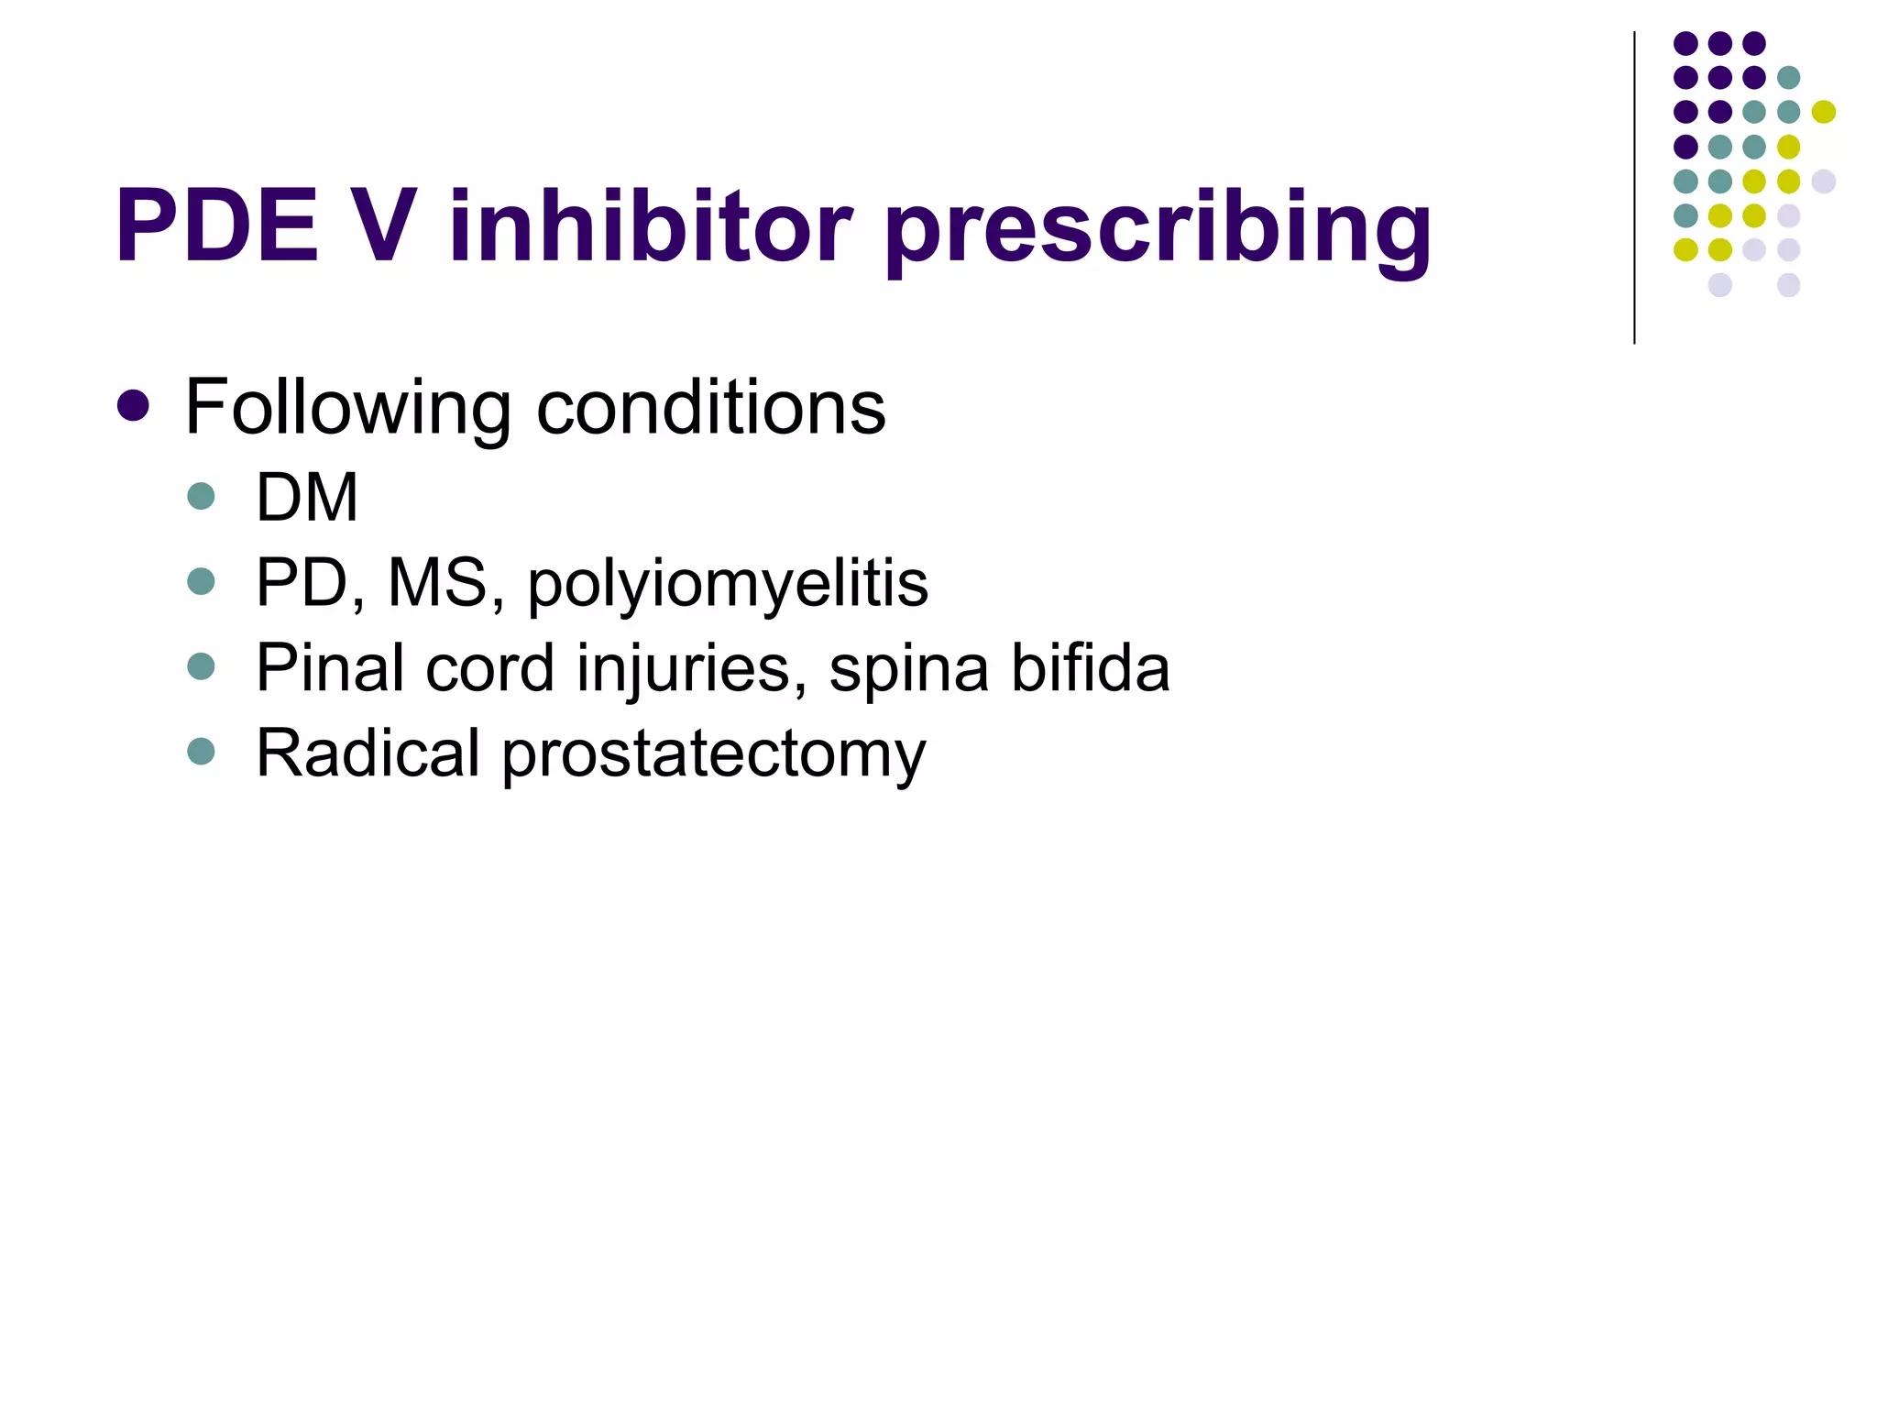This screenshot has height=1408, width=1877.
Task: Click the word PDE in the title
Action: pyautogui.click(x=217, y=226)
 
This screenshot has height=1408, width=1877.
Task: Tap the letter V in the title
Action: pyautogui.click(x=379, y=226)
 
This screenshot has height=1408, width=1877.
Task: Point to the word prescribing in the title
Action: pyautogui.click(x=1158, y=231)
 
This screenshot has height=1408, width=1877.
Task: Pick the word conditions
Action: pyautogui.click(x=710, y=407)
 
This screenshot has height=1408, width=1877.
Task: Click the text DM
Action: pyautogui.click(x=307, y=498)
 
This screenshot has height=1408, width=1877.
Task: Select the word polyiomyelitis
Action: pyautogui.click(x=728, y=586)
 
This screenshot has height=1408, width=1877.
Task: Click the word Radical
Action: pyautogui.click(x=368, y=753)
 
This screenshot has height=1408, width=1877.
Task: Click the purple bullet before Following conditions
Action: pyautogui.click(x=134, y=405)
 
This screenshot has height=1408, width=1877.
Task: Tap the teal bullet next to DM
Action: pyautogui.click(x=201, y=496)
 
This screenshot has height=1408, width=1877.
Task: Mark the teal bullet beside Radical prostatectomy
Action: pyautogui.click(x=201, y=752)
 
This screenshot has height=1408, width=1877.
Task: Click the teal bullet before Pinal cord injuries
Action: pyautogui.click(x=201, y=666)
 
